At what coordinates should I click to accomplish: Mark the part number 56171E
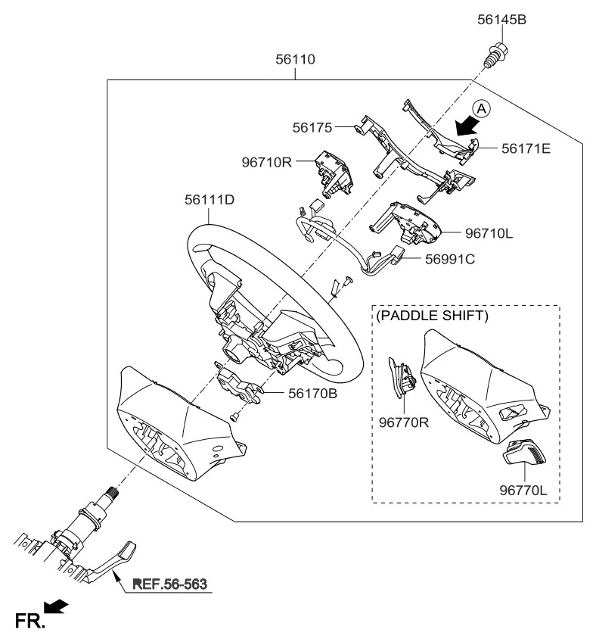[x=526, y=148]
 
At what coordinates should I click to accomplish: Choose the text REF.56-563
[x=169, y=584]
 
